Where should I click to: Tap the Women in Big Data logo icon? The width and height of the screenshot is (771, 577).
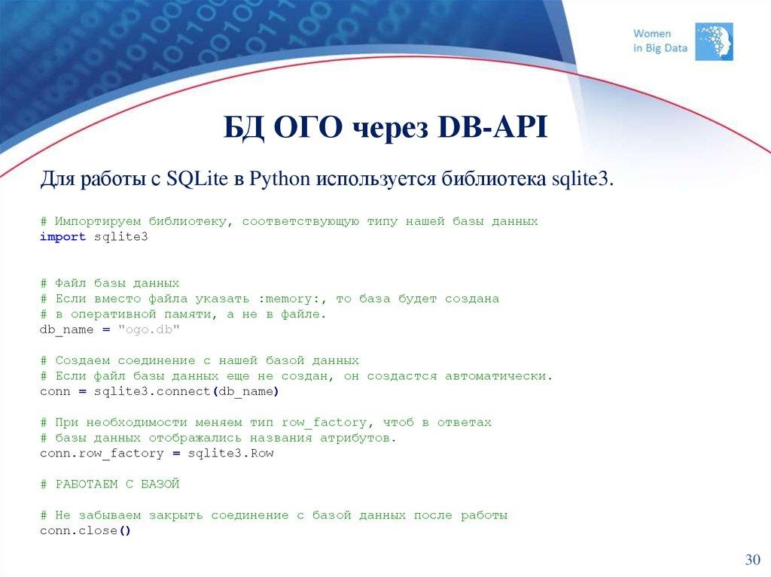pyautogui.click(x=713, y=41)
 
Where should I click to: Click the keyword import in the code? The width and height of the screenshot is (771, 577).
pyautogui.click(x=62, y=237)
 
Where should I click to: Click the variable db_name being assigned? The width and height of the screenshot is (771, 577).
pyautogui.click(x=66, y=329)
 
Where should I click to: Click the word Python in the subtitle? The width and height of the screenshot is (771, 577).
pyautogui.click(x=280, y=181)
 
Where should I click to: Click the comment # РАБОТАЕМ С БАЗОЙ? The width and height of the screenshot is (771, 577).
pyautogui.click(x=110, y=484)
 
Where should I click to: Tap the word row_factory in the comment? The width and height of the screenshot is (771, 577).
pyautogui.click(x=324, y=422)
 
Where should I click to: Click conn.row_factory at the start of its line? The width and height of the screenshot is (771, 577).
pyautogui.click(x=101, y=453)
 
